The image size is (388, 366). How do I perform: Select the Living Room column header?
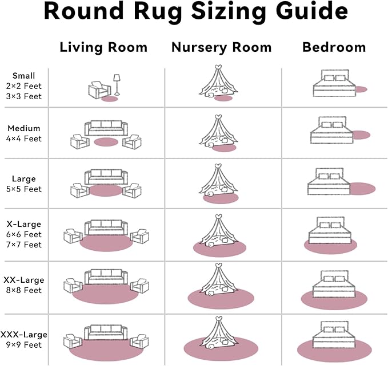click(103, 47)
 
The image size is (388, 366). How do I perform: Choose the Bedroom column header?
click(333, 47)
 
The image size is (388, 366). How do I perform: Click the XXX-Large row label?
click(23, 334)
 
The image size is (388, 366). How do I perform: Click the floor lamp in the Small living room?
click(117, 84)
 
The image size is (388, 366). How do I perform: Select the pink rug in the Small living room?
click(109, 99)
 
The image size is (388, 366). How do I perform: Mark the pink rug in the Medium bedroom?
click(360, 135)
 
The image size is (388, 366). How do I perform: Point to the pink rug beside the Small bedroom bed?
click(360, 90)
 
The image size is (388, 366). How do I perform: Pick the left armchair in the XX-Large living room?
click(73, 286)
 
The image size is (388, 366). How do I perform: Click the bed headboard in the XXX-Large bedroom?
click(333, 326)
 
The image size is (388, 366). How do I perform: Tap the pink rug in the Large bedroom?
click(362, 188)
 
